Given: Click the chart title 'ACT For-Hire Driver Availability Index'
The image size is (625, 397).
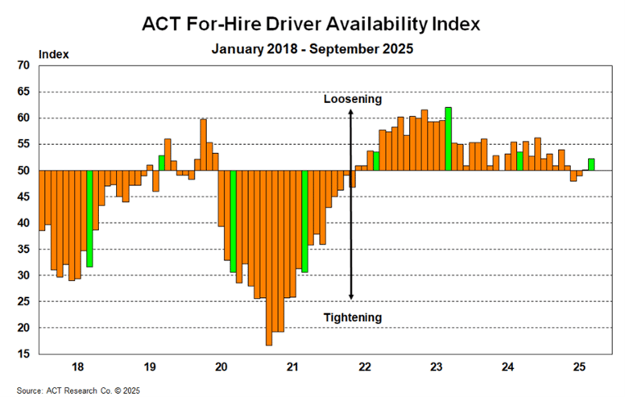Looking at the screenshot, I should [312, 22].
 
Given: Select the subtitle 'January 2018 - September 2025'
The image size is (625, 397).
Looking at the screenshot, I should [312, 48].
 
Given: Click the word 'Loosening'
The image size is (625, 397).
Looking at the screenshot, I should [352, 99].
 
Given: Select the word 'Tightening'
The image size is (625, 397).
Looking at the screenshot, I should [352, 318].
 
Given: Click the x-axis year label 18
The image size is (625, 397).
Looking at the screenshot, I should [79, 366].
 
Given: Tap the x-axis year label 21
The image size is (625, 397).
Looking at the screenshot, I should [292, 366].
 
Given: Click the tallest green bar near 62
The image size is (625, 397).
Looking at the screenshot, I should [448, 139].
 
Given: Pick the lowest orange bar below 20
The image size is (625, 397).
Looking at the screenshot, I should [268, 258].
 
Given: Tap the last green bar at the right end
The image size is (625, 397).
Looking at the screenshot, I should [591, 164].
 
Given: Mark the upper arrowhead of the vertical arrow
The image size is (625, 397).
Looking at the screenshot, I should [351, 112].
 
